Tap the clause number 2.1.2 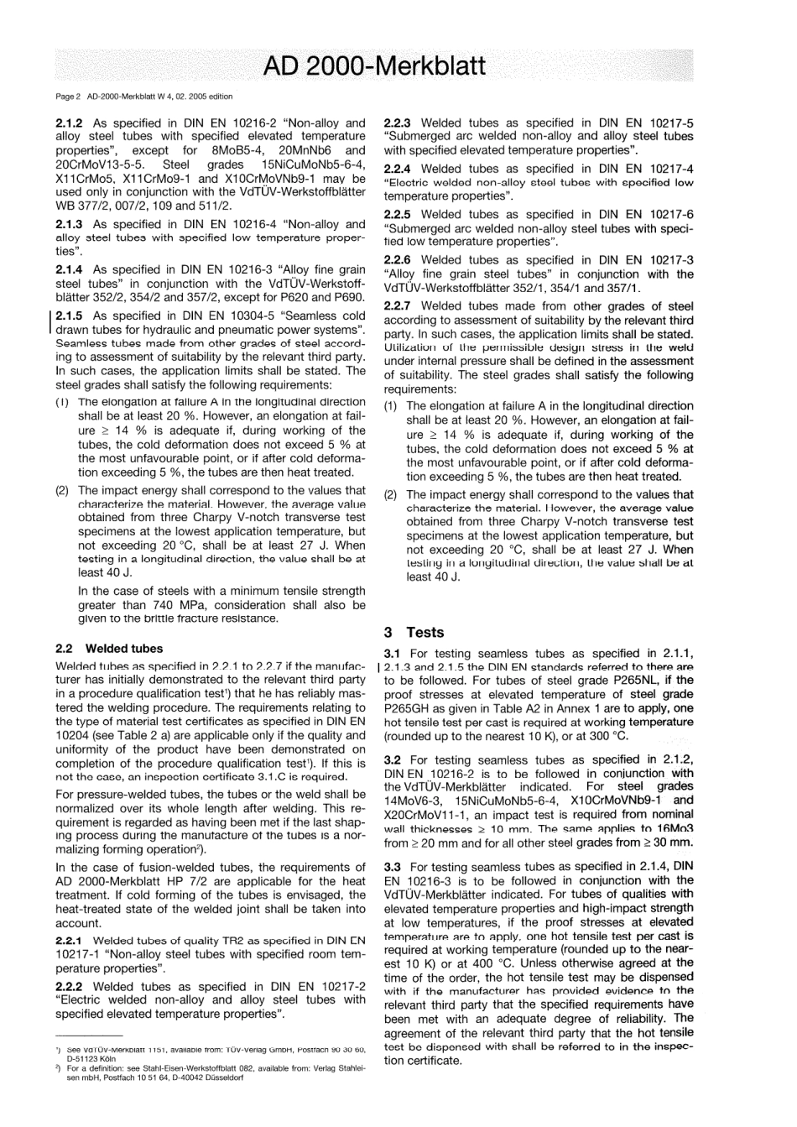[x=69, y=123]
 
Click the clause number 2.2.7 [x=398, y=305]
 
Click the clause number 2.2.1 [x=69, y=941]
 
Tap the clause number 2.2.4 [x=398, y=169]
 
